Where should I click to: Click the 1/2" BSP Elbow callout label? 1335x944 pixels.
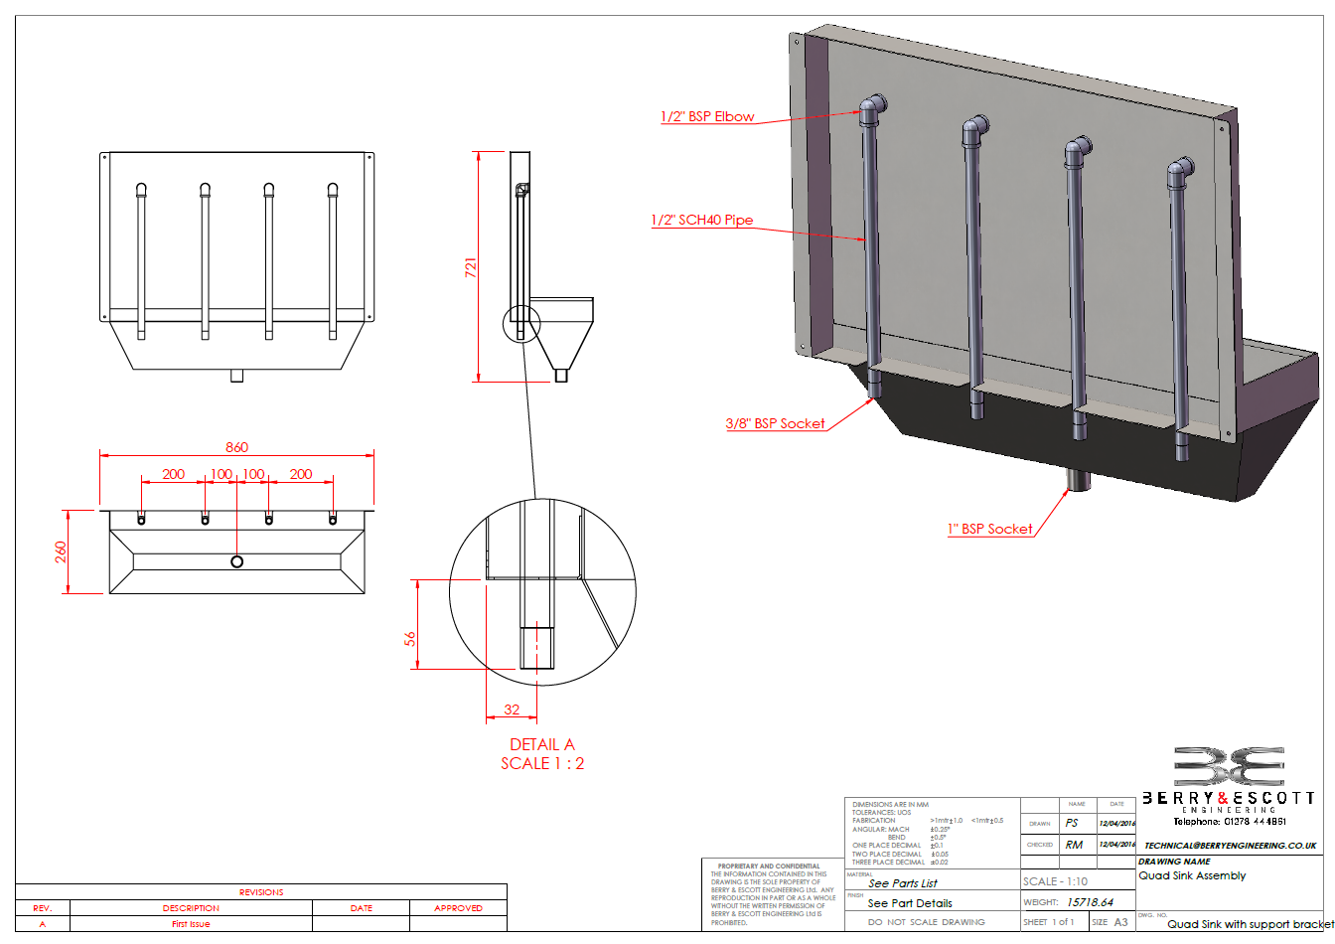tap(707, 116)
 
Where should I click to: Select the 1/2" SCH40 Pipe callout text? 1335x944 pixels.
tap(701, 220)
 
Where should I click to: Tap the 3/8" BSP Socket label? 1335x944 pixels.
tap(775, 423)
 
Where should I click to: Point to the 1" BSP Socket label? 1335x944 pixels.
tap(989, 529)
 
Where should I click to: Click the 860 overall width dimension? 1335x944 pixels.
tap(236, 447)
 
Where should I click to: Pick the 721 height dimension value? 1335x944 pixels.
tap(471, 266)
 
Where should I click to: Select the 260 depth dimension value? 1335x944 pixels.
tap(61, 551)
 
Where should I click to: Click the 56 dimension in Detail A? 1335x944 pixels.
tap(410, 639)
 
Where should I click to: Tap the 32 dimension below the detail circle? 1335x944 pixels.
tap(512, 709)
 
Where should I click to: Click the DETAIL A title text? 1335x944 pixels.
tap(541, 744)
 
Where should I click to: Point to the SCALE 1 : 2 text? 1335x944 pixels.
tap(542, 763)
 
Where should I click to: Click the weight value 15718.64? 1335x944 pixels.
tap(1090, 902)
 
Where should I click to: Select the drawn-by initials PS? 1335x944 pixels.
tap(1072, 823)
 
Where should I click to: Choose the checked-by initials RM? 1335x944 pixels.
tap(1074, 845)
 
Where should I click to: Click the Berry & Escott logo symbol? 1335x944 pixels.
tap(1229, 767)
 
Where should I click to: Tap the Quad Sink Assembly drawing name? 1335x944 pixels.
tap(1192, 875)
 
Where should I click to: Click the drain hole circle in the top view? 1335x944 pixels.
tap(236, 561)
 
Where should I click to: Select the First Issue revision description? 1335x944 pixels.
tap(191, 924)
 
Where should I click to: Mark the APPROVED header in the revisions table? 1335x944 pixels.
tap(458, 908)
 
